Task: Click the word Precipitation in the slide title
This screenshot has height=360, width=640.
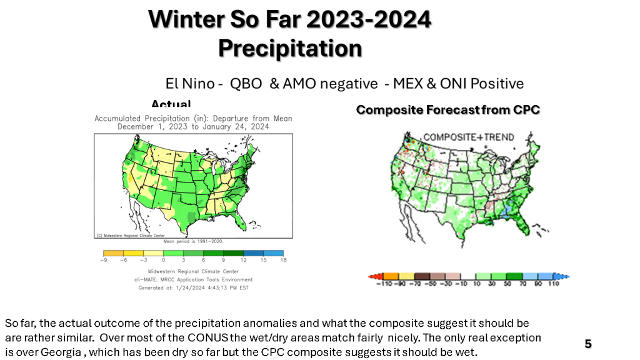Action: pyautogui.click(x=290, y=47)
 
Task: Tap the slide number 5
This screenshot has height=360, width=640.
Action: pyautogui.click(x=587, y=344)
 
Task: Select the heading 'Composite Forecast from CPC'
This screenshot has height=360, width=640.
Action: pyautogui.click(x=447, y=110)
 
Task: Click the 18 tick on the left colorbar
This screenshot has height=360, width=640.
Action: pyautogui.click(x=284, y=259)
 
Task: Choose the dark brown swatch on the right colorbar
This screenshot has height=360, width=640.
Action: pyautogui.click(x=421, y=276)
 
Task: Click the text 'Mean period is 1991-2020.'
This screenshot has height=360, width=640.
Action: pyautogui.click(x=193, y=240)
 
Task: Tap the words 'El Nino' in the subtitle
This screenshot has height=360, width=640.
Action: pyautogui.click(x=187, y=84)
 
